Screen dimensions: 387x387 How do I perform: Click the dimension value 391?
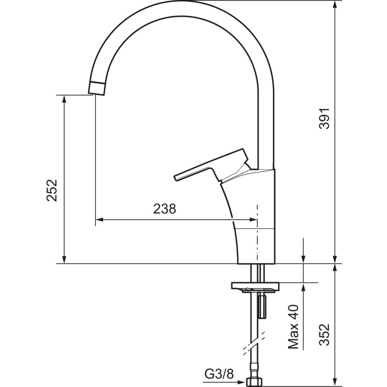(x=324, y=118)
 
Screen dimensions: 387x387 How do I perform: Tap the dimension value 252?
(x=52, y=190)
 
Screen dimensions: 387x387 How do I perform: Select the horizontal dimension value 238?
(x=165, y=209)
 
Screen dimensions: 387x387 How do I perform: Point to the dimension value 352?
(x=324, y=334)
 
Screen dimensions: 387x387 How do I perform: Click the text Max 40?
(x=293, y=327)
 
